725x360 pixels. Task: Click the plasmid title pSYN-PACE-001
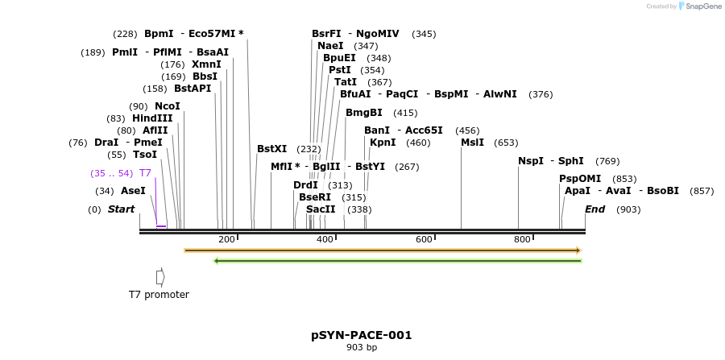[362, 335]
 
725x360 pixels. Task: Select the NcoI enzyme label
[168, 106]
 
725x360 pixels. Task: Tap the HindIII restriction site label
[152, 118]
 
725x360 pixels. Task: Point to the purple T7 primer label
[145, 173]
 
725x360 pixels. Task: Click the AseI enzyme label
[133, 191]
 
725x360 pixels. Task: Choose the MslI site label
[472, 143]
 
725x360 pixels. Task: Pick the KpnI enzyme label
[383, 143]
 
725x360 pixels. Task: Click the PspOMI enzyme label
[580, 179]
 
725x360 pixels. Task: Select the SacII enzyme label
[321, 209]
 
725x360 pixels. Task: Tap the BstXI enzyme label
[271, 149]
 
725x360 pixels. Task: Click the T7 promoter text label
[159, 295]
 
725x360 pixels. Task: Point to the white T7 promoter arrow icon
[160, 277]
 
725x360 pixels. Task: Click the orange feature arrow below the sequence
[382, 250]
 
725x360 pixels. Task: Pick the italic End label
[594, 209]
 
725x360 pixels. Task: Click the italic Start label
[121, 209]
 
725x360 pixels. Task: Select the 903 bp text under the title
[362, 348]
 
